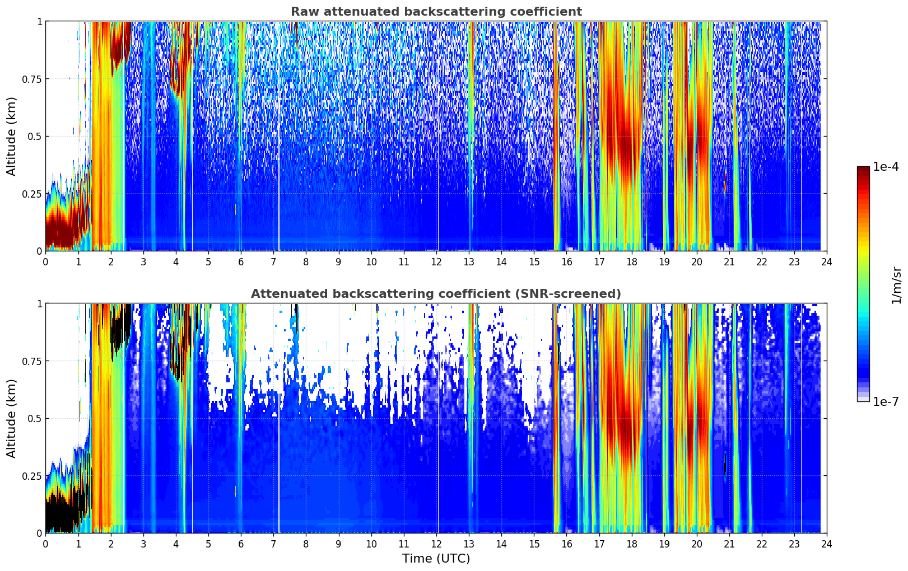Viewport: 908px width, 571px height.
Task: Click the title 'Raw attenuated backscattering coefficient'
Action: pyautogui.click(x=436, y=12)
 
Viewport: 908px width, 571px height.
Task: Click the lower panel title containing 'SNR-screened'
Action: pyautogui.click(x=436, y=294)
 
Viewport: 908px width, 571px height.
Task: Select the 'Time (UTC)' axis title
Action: pyautogui.click(x=436, y=558)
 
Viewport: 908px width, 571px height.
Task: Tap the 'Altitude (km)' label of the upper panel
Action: pyautogui.click(x=12, y=136)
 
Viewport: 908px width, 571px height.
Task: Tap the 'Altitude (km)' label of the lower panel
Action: pyautogui.click(x=12, y=418)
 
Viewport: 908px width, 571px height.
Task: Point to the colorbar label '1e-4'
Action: pyautogui.click(x=886, y=167)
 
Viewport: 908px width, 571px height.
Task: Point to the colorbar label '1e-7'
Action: pyautogui.click(x=886, y=401)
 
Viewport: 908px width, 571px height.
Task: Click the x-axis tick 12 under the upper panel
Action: pyautogui.click(x=436, y=261)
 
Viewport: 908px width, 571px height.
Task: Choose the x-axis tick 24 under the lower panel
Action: pyautogui.click(x=826, y=544)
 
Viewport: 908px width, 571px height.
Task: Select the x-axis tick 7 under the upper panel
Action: pyautogui.click(x=273, y=261)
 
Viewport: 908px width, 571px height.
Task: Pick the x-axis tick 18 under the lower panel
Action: pyautogui.click(x=631, y=544)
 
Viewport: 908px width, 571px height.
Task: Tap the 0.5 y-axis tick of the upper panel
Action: pyautogui.click(x=34, y=137)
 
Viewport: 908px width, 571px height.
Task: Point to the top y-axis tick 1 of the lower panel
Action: pyautogui.click(x=39, y=304)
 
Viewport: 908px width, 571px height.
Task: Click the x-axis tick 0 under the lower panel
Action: pyautogui.click(x=45, y=544)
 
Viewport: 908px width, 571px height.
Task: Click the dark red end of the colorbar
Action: pyautogui.click(x=863, y=171)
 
